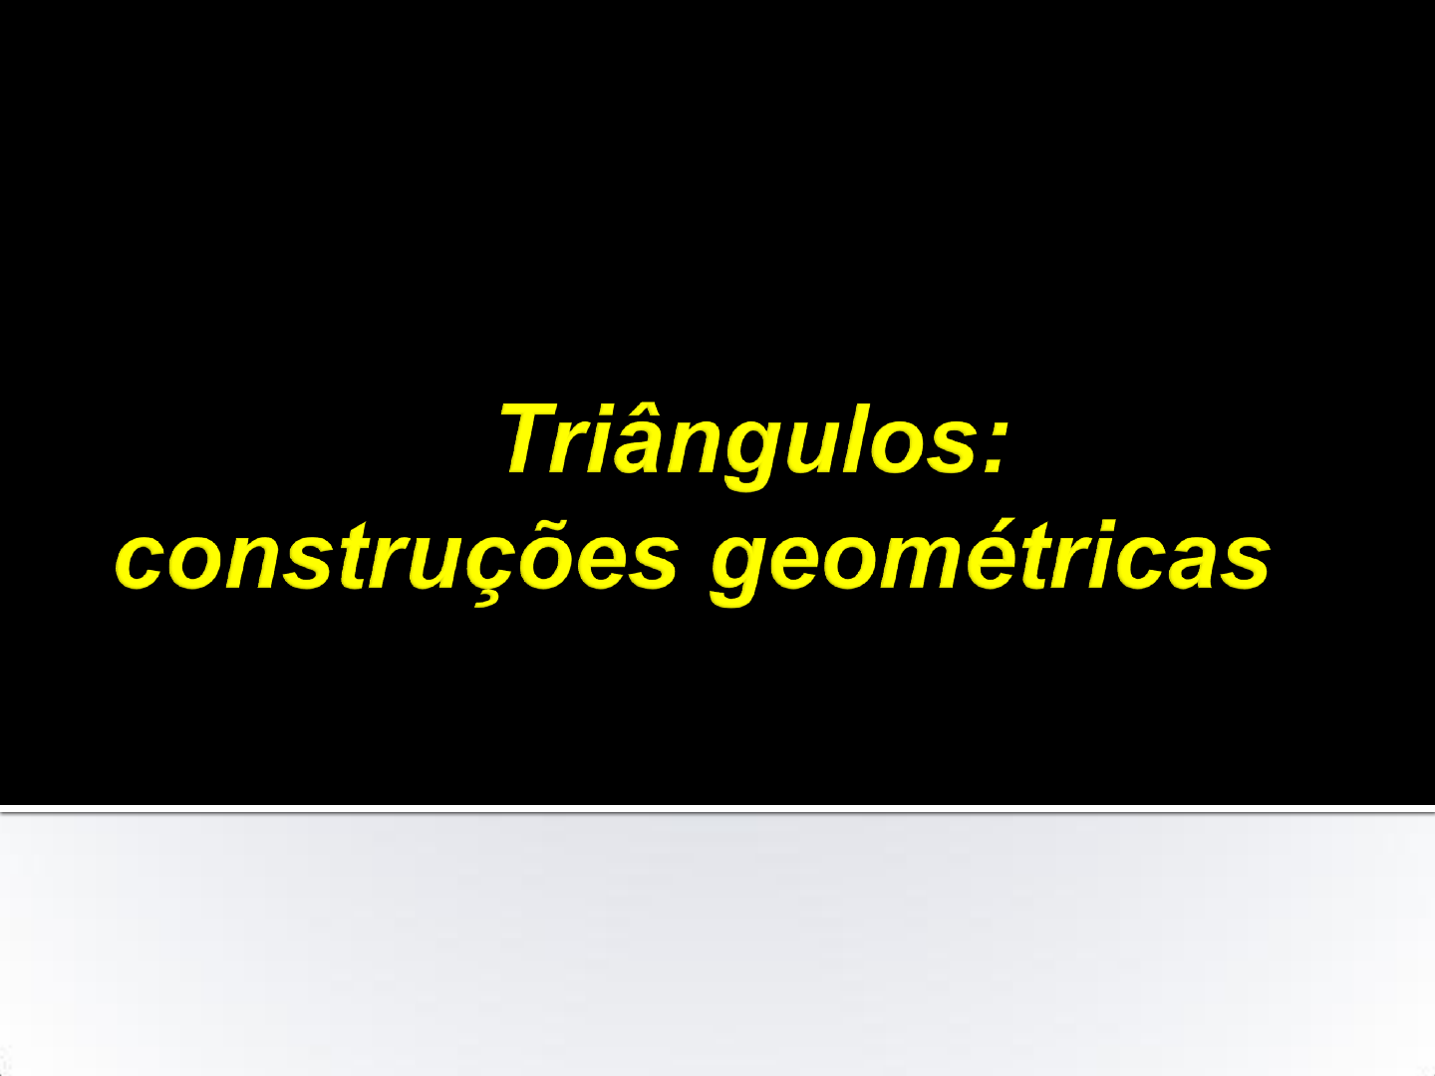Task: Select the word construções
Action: (x=397, y=560)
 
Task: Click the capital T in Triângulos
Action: (x=535, y=438)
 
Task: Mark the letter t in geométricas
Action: (x=1040, y=559)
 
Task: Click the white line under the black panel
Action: (x=717, y=809)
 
